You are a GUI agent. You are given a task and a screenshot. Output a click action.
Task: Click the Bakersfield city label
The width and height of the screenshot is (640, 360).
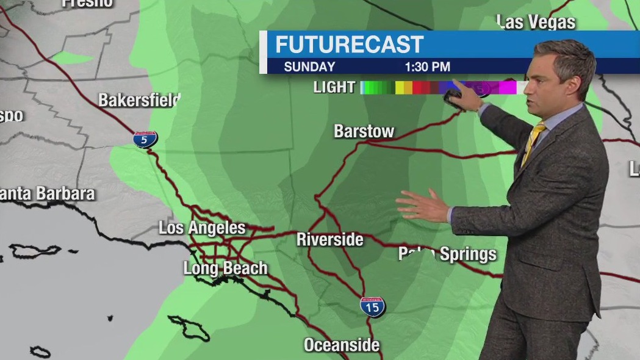(139, 100)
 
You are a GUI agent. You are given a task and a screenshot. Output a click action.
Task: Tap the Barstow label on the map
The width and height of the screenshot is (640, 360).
(364, 131)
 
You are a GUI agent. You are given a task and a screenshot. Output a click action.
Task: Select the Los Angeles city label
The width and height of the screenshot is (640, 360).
(202, 228)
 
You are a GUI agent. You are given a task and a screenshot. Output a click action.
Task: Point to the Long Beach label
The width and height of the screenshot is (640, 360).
(225, 268)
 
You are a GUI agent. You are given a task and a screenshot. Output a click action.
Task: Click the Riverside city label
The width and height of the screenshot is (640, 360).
(329, 240)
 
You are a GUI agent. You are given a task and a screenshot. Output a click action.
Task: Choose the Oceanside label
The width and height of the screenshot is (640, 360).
(342, 345)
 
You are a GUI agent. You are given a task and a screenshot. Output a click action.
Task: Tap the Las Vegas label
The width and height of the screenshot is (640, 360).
(536, 23)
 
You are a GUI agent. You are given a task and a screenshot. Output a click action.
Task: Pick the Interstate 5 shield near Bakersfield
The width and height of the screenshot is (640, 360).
(145, 139)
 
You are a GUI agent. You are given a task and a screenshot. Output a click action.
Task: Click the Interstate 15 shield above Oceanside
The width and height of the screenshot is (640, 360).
(372, 306)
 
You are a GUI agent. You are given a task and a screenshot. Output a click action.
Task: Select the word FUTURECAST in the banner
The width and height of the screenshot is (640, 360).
(349, 45)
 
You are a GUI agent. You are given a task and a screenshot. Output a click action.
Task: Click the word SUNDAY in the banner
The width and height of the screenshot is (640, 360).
(309, 67)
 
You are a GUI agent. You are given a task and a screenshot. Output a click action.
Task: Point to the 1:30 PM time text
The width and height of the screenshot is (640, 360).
(427, 67)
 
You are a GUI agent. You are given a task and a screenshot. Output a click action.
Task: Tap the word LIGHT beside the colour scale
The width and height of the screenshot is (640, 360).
(334, 87)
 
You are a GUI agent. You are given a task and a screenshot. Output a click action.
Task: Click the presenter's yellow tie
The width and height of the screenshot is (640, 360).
(533, 143)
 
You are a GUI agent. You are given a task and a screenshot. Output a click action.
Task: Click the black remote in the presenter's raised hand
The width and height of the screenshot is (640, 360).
(453, 96)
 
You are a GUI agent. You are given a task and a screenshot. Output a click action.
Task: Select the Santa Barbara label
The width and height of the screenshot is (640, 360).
(48, 194)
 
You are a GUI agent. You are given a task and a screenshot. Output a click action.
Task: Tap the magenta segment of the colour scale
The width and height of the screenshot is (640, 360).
(508, 87)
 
